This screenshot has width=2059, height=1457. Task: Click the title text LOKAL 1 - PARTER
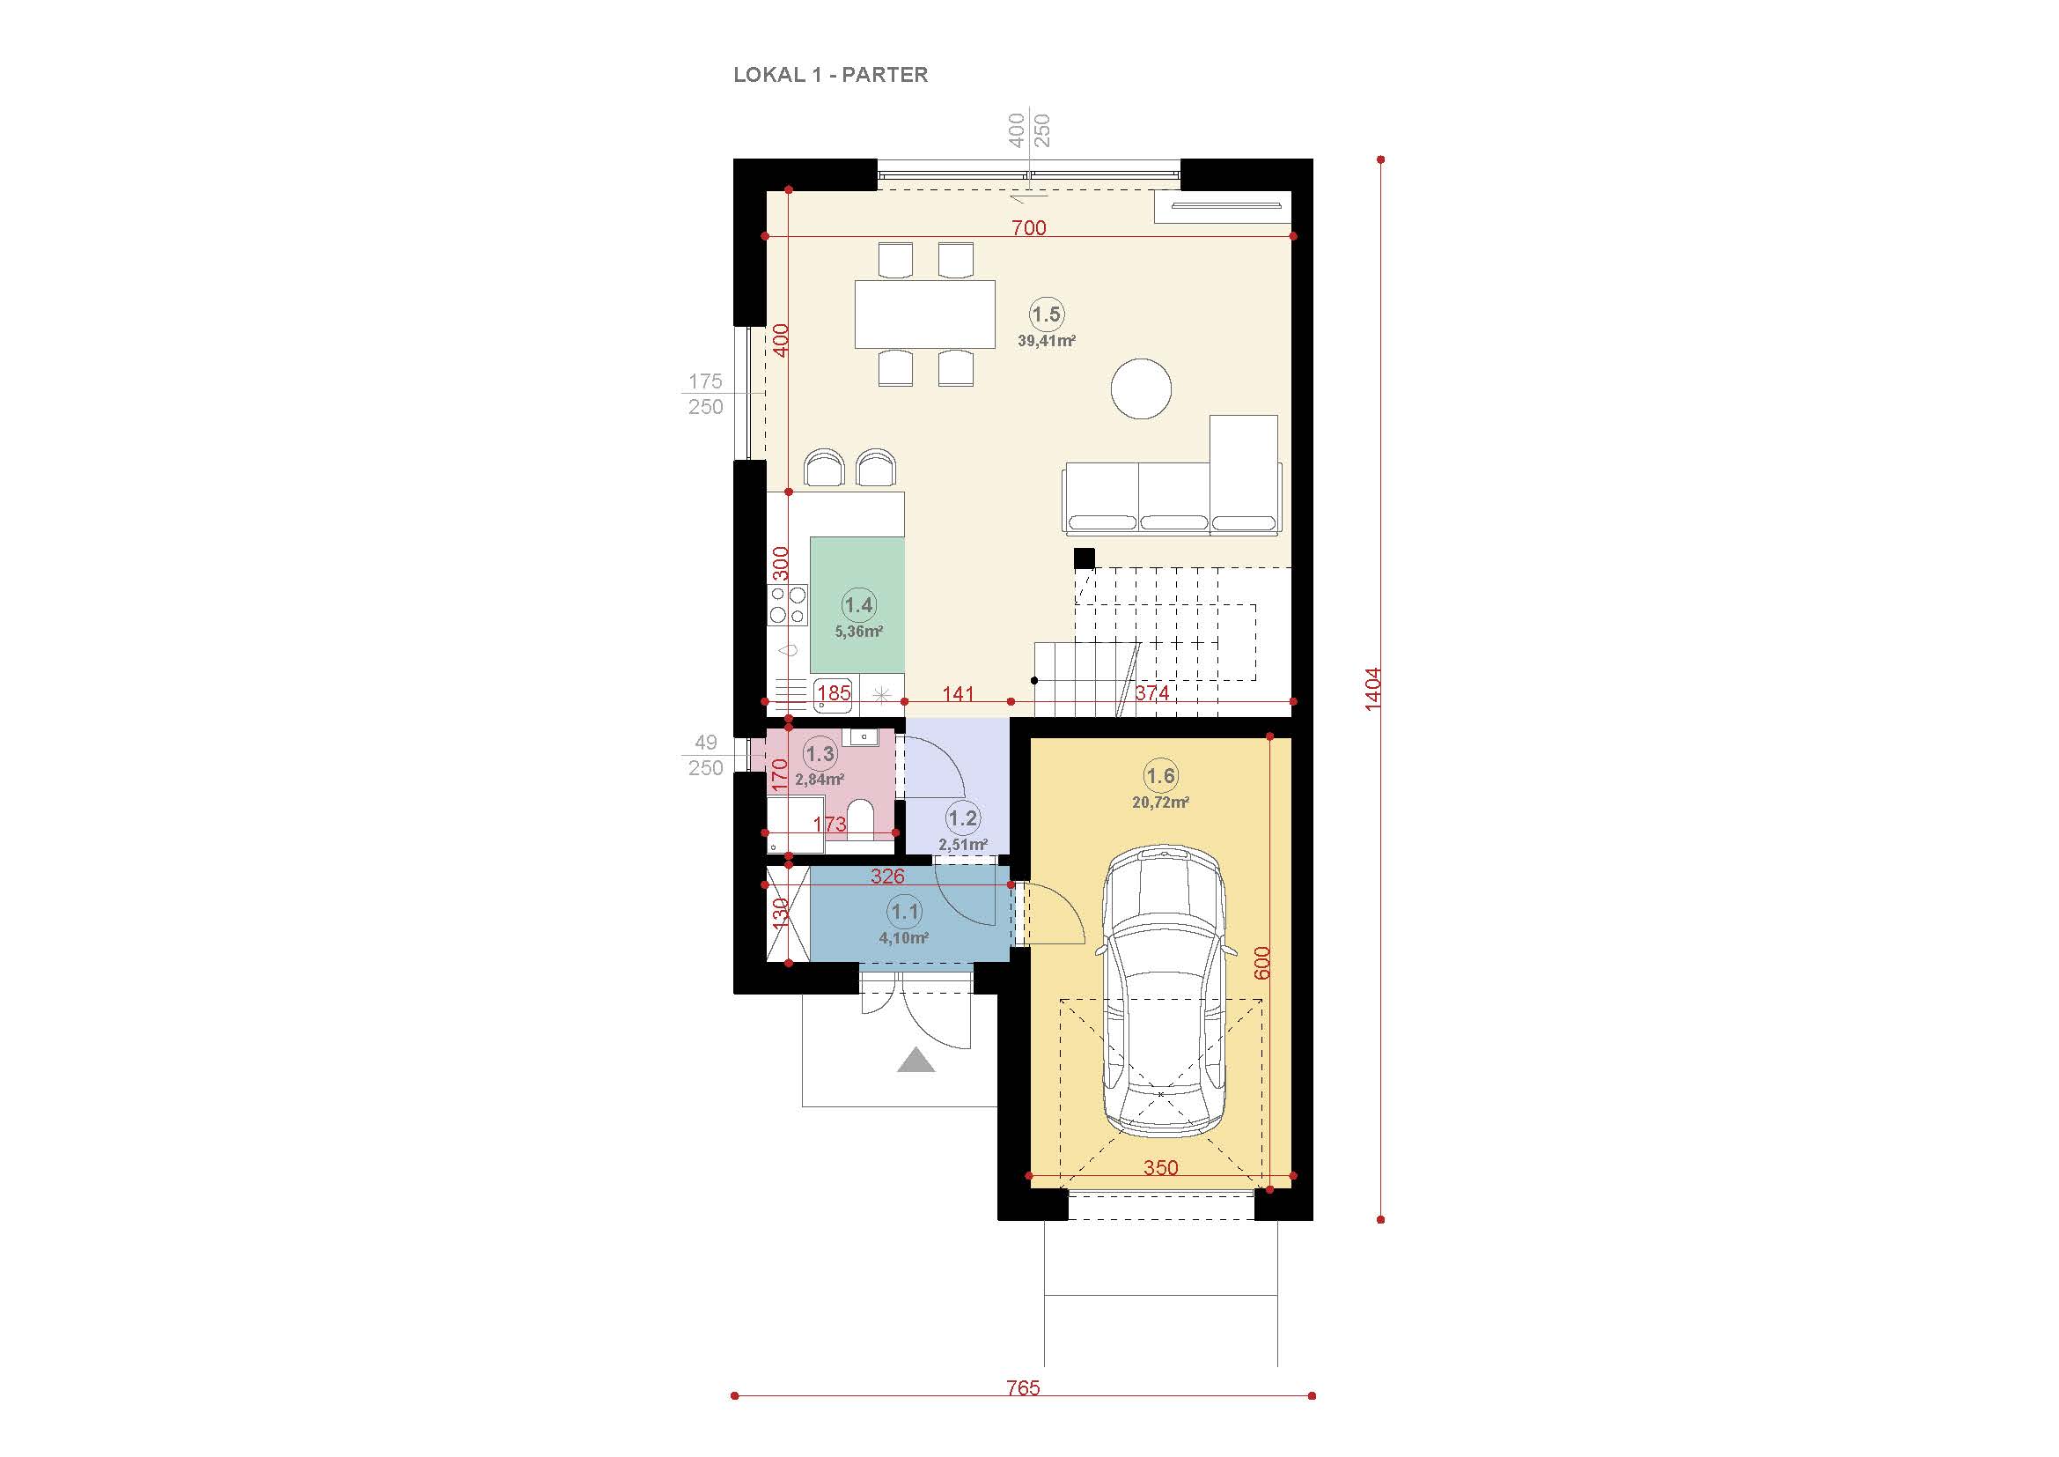(830, 75)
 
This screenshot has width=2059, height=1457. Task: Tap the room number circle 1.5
(1046, 314)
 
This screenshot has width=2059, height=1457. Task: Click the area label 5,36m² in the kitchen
(858, 631)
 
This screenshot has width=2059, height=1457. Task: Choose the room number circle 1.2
(962, 818)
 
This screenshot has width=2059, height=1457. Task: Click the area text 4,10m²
(903, 938)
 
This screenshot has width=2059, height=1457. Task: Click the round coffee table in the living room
(1141, 388)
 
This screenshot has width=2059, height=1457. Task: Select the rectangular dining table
(924, 314)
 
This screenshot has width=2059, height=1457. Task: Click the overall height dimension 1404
(1373, 690)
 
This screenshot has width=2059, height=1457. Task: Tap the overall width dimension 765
(1022, 1389)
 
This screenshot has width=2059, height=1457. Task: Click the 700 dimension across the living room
(1028, 228)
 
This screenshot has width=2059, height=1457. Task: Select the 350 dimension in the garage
(1160, 1168)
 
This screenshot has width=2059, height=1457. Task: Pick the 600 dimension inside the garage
(1261, 963)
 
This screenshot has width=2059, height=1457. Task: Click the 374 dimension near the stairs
(1151, 692)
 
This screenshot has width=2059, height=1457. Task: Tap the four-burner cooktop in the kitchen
(159, 603)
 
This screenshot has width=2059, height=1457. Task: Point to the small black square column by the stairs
(1085, 558)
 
